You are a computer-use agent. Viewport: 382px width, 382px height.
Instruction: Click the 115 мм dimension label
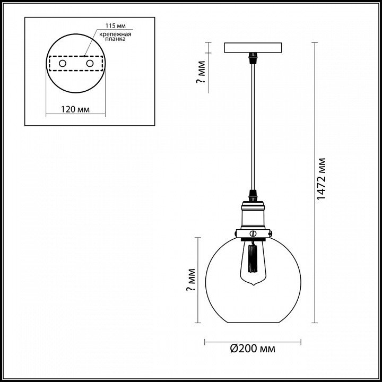click(x=116, y=26)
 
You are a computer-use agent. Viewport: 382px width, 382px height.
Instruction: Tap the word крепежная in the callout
click(x=116, y=34)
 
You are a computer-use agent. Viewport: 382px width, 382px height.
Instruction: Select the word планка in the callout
click(x=116, y=39)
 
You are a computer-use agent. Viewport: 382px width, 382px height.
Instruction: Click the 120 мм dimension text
click(x=75, y=109)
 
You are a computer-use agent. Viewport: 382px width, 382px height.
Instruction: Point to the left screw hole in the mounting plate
click(x=63, y=64)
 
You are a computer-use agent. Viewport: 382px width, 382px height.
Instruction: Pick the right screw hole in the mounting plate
click(x=90, y=64)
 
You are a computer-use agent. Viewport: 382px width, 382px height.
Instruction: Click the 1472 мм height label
click(x=322, y=179)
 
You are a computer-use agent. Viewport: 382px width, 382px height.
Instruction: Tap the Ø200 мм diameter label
click(x=253, y=349)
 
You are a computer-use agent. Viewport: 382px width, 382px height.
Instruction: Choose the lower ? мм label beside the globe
click(x=191, y=280)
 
